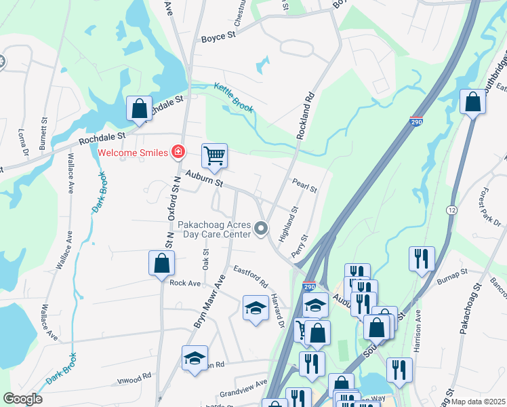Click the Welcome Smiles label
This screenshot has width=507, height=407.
pyautogui.click(x=133, y=152)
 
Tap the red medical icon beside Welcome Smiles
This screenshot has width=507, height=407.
pyautogui.click(x=178, y=152)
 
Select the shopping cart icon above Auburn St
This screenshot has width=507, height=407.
pyautogui.click(x=214, y=156)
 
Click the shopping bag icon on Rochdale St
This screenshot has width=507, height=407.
pyautogui.click(x=139, y=109)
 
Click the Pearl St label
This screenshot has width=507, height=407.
pyautogui.click(x=304, y=185)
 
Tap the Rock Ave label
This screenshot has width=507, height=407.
pyautogui.click(x=185, y=283)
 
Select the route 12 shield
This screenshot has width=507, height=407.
pyautogui.click(x=451, y=211)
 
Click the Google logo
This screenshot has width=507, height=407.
pyautogui.click(x=23, y=399)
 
